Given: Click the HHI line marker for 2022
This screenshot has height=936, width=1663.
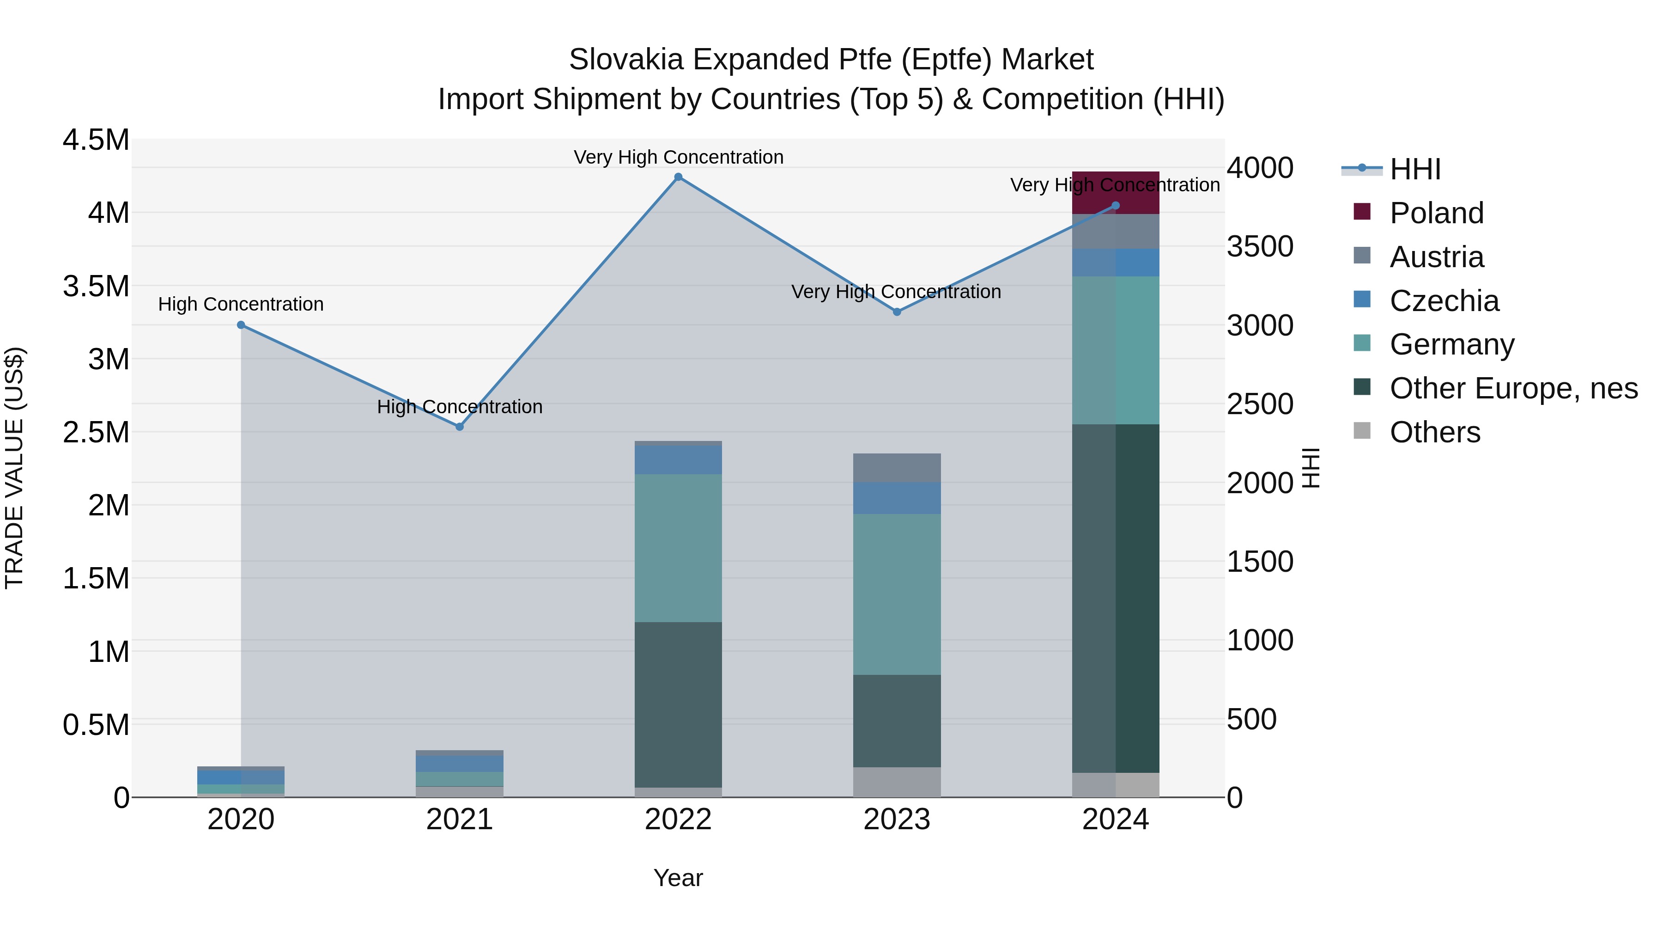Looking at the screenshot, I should click(678, 177).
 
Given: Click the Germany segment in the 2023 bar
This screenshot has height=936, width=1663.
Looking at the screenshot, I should click(897, 594).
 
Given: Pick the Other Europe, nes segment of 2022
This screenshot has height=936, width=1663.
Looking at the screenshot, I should click(678, 704).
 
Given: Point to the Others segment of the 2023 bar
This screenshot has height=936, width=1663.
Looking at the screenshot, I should click(897, 782).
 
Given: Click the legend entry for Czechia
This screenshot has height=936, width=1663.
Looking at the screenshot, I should click(1444, 301).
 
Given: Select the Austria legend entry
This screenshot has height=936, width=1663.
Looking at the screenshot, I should click(1436, 257).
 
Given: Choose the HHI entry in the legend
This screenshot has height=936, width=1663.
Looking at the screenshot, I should click(1415, 169).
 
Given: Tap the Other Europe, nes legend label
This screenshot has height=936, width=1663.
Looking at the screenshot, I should click(1513, 388).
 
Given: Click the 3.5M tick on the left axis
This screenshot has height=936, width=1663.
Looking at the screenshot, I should click(96, 286).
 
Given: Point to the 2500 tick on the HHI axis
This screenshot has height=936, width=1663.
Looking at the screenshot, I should click(1260, 404).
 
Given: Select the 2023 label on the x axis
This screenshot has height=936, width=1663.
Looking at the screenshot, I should click(897, 820).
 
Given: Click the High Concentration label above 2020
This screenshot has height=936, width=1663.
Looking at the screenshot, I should click(241, 304).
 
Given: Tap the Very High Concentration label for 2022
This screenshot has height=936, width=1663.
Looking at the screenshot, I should click(678, 157).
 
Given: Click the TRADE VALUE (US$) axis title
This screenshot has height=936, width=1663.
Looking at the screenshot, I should click(14, 468).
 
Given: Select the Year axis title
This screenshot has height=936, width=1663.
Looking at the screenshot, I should click(678, 878).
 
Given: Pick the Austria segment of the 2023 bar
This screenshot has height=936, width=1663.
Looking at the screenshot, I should click(897, 468).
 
